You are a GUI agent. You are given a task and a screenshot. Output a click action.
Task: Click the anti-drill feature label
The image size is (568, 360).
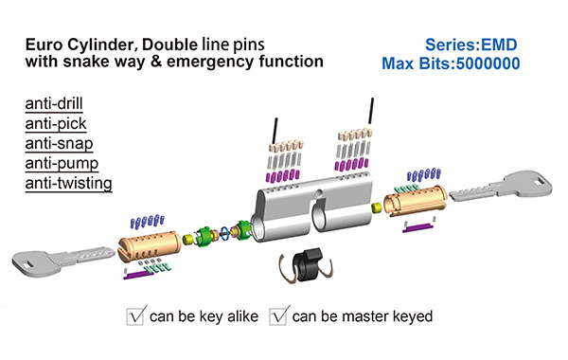tap(54, 103)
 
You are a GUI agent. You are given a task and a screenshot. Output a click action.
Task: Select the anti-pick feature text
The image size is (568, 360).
tap(56, 123)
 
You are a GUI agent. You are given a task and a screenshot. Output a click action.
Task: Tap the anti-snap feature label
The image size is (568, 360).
tap(59, 144)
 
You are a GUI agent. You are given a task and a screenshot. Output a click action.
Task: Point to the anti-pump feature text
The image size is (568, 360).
tap(62, 164)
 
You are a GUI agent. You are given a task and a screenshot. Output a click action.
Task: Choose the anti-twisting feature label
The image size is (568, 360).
tap(68, 183)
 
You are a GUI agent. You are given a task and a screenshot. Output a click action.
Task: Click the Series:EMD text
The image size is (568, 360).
tap(470, 45)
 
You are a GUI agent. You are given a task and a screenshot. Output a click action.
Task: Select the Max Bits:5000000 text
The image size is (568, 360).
tap(451, 63)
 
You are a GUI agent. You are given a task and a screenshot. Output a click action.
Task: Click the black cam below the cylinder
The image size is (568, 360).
tap(307, 264)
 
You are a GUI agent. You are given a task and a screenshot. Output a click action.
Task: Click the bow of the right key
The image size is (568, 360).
tap(529, 184)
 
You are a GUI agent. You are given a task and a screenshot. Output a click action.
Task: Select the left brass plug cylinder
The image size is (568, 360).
tap(150, 246)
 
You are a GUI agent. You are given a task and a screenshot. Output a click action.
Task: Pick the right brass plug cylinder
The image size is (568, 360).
tap(416, 201)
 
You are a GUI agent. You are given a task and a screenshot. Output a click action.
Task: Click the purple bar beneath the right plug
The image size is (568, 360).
tap(418, 227)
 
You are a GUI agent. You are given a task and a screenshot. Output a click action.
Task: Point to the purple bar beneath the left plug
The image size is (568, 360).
tap(139, 276)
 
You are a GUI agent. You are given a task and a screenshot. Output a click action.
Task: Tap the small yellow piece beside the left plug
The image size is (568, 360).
tap(188, 240)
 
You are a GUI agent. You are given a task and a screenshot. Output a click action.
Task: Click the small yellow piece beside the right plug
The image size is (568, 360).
tap(377, 207)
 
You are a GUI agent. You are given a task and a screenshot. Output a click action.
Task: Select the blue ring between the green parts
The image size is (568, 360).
tap(224, 233)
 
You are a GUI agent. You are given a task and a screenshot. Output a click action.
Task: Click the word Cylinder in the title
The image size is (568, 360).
tap(100, 45)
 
